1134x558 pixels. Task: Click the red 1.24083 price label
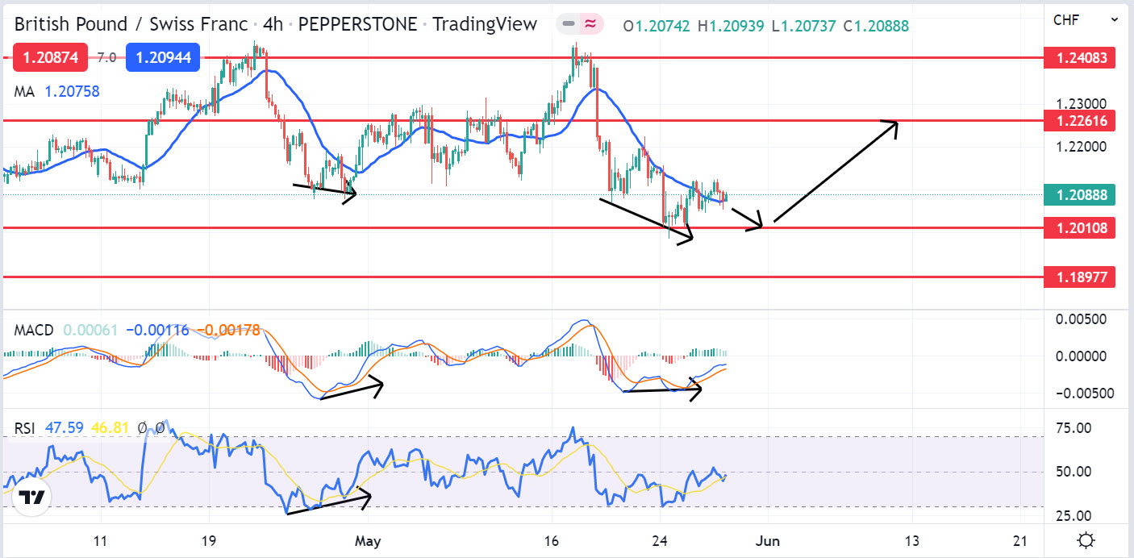click(1079, 57)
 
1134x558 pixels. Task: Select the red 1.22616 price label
click(1079, 121)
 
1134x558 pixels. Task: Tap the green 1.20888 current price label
click(1079, 194)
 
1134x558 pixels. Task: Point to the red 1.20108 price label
click(1079, 228)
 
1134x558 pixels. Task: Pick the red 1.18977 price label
click(1079, 277)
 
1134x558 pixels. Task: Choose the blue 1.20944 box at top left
click(162, 57)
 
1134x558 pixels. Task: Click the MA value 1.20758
click(72, 91)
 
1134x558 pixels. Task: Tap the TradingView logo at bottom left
click(31, 498)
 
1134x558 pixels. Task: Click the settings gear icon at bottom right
click(1086, 540)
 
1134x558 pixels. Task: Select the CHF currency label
click(1066, 19)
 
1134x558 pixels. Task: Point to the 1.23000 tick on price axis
click(1079, 104)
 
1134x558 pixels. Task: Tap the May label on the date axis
click(367, 540)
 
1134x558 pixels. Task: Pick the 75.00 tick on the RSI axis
click(1078, 427)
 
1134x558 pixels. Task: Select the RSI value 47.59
click(64, 427)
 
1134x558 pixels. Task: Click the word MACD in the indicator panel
click(34, 330)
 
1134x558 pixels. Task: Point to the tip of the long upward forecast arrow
click(897, 122)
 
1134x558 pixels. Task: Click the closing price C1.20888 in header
click(876, 26)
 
